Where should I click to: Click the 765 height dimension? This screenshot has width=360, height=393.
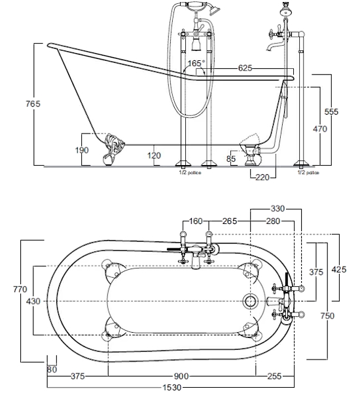coord(33,103)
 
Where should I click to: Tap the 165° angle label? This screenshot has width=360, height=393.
coord(196,63)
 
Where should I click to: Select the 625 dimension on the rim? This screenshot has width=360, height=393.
coord(245,68)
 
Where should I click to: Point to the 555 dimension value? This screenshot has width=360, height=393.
coord(331,111)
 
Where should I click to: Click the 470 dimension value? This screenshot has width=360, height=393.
coord(320,129)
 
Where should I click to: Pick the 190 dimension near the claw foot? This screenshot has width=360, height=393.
coord(82,150)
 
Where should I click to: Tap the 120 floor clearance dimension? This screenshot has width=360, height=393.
coord(154,155)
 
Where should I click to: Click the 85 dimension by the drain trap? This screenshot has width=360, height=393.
coord(231,159)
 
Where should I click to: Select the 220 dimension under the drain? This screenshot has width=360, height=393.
coord(262,178)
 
